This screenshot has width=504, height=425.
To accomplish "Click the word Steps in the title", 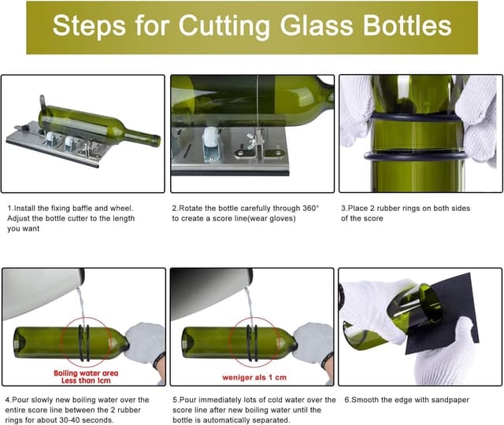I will [x=87, y=27].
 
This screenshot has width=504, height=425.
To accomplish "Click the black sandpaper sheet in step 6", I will [x=445, y=315].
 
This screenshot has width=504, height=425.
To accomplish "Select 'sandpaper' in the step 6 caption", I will [x=448, y=400].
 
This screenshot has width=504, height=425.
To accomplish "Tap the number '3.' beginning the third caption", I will [x=344, y=208].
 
